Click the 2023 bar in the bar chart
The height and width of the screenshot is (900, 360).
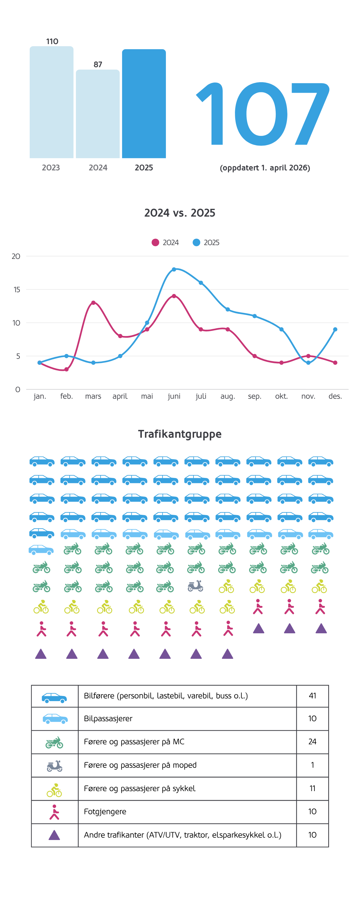tap(51, 102)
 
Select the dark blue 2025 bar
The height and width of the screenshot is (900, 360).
tap(144, 104)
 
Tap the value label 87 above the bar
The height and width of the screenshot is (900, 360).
tap(98, 64)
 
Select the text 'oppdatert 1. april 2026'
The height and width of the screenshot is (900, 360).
tap(265, 168)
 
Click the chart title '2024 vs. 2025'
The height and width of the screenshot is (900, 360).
tap(180, 213)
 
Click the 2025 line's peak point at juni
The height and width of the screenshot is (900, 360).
tap(174, 269)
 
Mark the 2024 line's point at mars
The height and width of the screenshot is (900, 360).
tap(93, 303)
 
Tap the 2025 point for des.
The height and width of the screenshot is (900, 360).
tap(335, 329)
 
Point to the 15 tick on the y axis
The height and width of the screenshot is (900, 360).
tap(17, 289)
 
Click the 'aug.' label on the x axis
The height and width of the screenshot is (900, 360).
tap(227, 396)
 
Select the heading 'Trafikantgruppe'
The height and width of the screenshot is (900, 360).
tap(180, 434)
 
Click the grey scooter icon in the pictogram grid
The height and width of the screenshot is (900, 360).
tap(195, 586)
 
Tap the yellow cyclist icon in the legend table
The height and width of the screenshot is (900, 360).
tap(54, 790)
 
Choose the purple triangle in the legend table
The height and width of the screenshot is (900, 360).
tap(54, 835)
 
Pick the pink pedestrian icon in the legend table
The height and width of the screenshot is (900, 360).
tap(54, 812)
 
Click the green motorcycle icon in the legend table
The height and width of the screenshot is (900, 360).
tap(54, 742)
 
